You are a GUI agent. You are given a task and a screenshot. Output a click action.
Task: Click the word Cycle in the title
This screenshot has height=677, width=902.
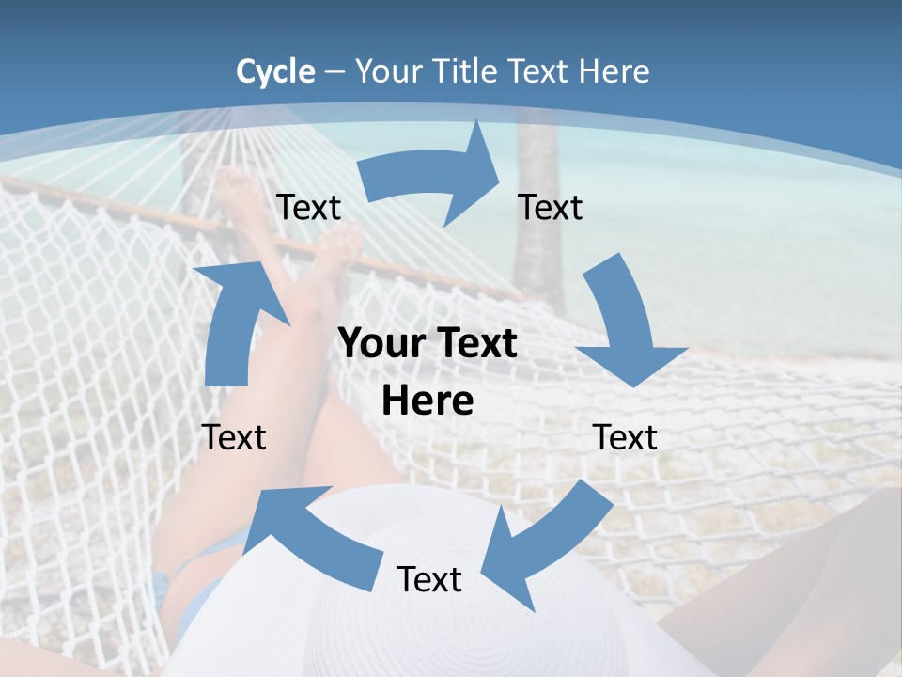click(x=275, y=71)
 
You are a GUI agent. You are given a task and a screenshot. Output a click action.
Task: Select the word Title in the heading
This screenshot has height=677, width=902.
click(x=466, y=71)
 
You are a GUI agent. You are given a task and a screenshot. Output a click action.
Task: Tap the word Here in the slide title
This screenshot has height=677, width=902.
click(x=615, y=71)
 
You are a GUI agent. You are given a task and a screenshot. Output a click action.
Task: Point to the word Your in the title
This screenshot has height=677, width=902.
click(x=390, y=71)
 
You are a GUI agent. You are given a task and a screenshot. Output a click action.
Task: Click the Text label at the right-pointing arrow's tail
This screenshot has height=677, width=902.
click(x=308, y=208)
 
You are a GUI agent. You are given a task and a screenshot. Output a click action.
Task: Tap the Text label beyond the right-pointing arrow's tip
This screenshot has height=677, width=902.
click(x=551, y=208)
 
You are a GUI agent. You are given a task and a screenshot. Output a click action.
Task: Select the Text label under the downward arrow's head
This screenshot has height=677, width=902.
click(x=625, y=437)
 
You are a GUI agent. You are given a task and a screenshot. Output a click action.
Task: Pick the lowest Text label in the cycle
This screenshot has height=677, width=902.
click(x=429, y=579)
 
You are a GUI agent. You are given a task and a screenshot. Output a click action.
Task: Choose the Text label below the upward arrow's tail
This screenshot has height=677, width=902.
click(x=234, y=437)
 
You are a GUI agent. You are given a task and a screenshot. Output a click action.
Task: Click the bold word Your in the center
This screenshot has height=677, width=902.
click(x=381, y=344)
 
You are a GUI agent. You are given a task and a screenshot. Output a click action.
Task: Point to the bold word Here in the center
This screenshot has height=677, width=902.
click(x=428, y=401)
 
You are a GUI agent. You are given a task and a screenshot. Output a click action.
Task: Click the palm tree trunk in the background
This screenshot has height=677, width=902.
click(x=536, y=216)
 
